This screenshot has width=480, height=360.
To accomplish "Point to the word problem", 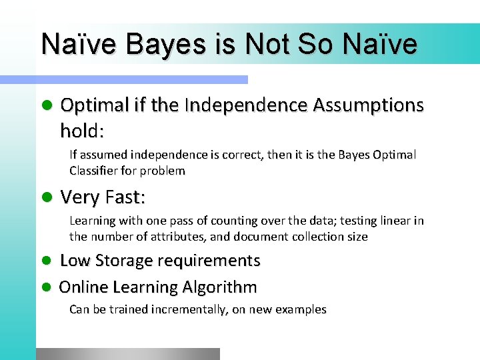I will pyautogui.click(x=163, y=171).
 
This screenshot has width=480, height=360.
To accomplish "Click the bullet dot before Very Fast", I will pyautogui.click(x=45, y=197).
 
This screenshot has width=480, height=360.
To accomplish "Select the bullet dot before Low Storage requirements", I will pyautogui.click(x=45, y=261).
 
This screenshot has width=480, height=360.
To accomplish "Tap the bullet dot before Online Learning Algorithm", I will pyautogui.click(x=45, y=287).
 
